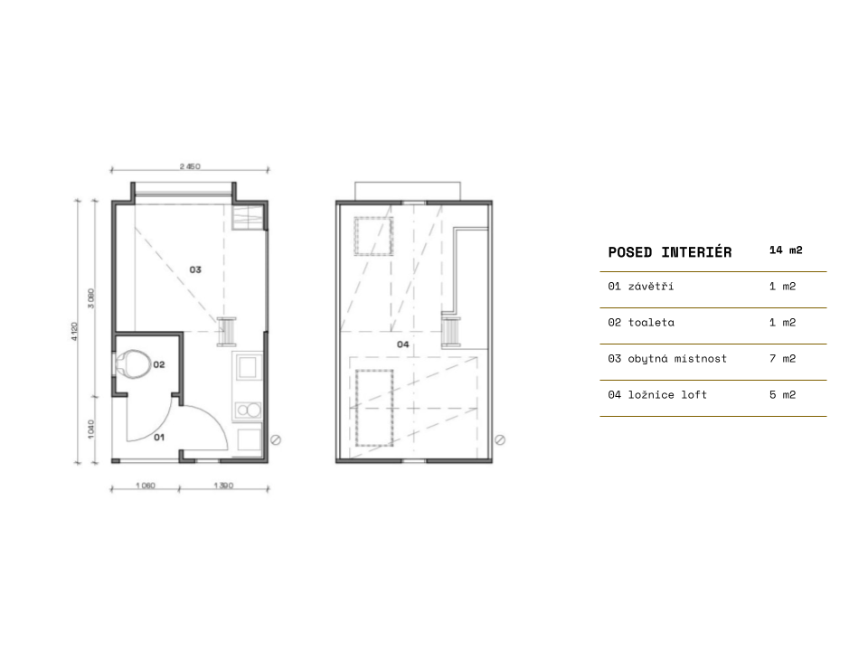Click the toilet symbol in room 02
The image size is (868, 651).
tap(133, 363)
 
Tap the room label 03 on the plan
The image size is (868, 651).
tap(195, 269)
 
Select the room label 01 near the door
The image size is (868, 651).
tap(159, 438)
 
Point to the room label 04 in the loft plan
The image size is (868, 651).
tap(403, 344)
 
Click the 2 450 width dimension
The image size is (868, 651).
tap(190, 166)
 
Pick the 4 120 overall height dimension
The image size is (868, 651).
tap(74, 331)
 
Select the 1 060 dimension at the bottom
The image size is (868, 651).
tap(146, 486)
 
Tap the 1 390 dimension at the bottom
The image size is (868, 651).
tap(223, 486)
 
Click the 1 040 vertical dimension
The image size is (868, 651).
tap(90, 429)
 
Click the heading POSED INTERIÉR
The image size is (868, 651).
tap(670, 252)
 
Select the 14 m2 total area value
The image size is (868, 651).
tap(786, 250)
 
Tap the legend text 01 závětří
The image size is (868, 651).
tap(640, 287)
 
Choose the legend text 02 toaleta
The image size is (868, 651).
tap(641, 322)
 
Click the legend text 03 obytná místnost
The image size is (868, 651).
tap(667, 359)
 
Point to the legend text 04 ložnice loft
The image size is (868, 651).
tap(657, 395)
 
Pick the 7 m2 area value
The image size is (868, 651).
tap(782, 359)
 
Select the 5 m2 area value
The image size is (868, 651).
tap(782, 395)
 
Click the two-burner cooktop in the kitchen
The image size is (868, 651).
tap(248, 410)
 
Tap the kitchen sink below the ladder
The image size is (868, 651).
tap(248, 367)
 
